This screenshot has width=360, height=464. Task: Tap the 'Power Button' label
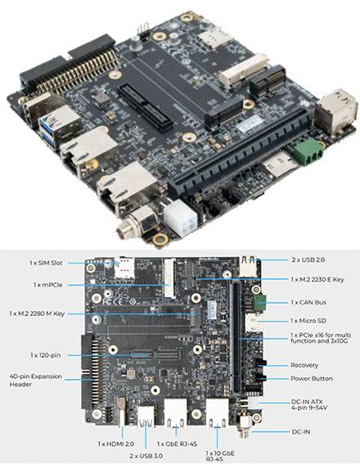pyautogui.click(x=310, y=378)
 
